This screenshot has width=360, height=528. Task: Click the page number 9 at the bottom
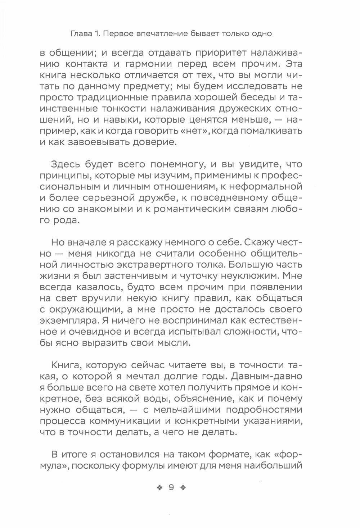point(171,488)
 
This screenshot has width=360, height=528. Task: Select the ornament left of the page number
point(158,488)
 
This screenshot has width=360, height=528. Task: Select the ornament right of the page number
point(184,488)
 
